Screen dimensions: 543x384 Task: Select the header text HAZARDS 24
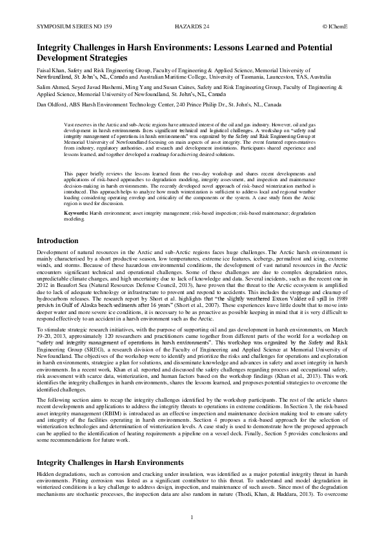192,28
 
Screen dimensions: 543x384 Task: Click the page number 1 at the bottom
192,517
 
